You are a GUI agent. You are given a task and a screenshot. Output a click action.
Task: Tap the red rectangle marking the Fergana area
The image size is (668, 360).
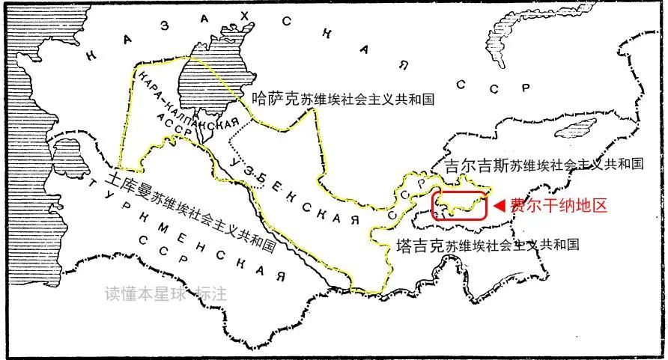[460, 204]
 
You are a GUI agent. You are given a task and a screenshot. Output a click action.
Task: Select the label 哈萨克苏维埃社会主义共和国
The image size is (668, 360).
[344, 97]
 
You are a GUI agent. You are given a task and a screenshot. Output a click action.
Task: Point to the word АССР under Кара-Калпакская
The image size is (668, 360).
[185, 135]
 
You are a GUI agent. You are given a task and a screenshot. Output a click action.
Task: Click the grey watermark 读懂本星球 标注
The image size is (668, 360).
[166, 294]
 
